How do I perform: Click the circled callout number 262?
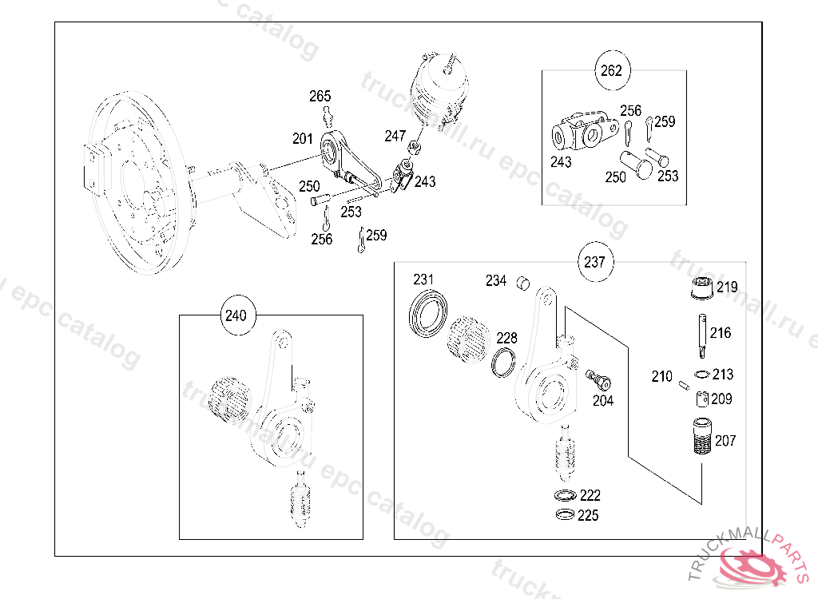610,70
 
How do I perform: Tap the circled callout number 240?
235,315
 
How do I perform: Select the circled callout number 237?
594,261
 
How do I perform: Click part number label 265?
320,97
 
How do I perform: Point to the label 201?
303,139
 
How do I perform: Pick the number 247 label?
395,136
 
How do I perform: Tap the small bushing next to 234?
523,282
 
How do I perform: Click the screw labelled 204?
597,376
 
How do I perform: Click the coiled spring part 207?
701,436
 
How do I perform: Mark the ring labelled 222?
565,495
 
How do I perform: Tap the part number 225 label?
588,516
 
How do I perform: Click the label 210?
661,376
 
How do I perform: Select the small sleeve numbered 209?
701,399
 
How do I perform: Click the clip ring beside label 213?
702,375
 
